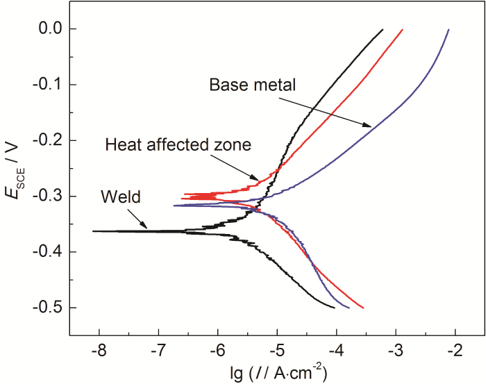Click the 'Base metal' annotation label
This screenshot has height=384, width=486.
click(x=253, y=85)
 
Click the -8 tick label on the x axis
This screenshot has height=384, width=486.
click(x=98, y=351)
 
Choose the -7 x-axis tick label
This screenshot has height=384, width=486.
click(x=158, y=351)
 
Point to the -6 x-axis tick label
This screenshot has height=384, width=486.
click(x=217, y=351)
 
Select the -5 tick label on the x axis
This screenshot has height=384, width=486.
click(x=277, y=351)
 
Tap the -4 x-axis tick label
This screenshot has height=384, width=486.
click(x=337, y=351)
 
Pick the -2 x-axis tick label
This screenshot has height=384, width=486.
click(x=455, y=351)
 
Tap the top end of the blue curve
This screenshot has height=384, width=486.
click(x=449, y=30)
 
